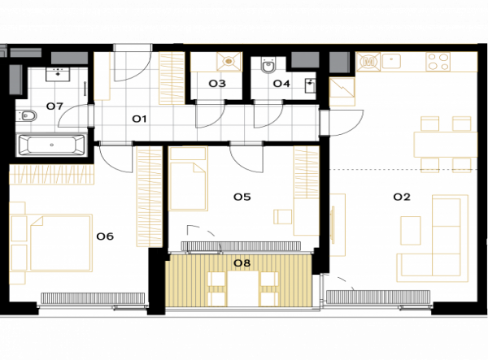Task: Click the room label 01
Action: click(139, 119)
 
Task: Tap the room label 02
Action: click(402, 197)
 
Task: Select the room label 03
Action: click(217, 84)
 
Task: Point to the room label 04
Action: click(281, 84)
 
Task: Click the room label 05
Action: click(242, 197)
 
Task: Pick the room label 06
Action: click(105, 236)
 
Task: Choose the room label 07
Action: click(54, 106)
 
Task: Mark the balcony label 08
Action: click(242, 263)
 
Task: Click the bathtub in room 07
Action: click(52, 145)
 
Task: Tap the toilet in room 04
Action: click(268, 65)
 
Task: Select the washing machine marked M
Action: click(368, 62)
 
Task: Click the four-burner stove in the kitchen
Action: click(438, 62)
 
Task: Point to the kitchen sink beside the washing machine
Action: click(391, 61)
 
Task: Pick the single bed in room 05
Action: click(188, 179)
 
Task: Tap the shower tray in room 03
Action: click(229, 62)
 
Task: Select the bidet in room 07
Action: click(28, 116)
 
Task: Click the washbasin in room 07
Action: click(58, 74)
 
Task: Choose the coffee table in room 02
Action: click(411, 231)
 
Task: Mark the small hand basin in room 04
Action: click(311, 85)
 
